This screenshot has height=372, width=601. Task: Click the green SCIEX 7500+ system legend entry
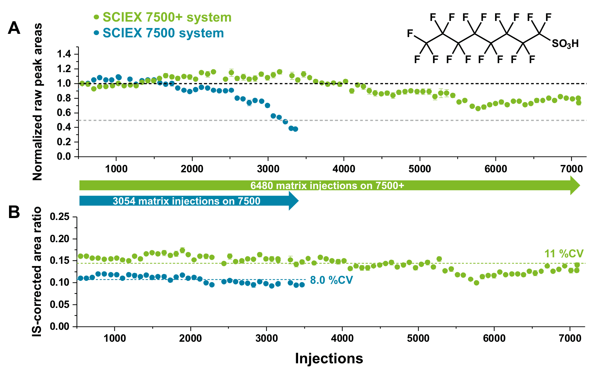163,17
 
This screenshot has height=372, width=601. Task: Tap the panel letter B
14,213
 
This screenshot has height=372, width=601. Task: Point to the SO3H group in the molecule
565,44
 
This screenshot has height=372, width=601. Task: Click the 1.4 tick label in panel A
64,54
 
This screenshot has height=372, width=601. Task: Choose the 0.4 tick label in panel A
64,127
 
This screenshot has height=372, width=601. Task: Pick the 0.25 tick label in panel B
60,217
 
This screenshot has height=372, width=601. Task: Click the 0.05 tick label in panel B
60,305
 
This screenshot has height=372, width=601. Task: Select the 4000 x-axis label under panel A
344,169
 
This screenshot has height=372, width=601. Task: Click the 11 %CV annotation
564,254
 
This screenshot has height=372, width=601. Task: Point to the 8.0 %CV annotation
331,280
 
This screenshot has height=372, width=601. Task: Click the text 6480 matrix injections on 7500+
327,186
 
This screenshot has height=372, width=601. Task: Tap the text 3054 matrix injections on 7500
186,201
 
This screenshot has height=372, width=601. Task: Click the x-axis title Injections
329,358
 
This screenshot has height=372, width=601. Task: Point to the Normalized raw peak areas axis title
38,101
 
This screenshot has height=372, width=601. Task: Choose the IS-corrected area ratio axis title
38,272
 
